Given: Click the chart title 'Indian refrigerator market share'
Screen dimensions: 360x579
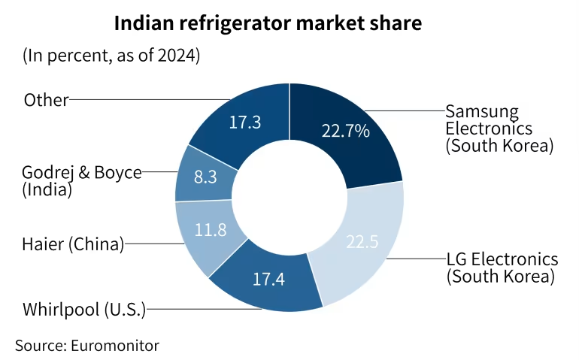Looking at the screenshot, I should pos(268,23).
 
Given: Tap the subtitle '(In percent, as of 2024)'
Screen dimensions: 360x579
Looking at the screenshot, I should pos(111,56).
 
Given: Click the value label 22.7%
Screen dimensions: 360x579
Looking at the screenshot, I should pos(345,131).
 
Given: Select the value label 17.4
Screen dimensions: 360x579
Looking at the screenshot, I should pos(268,279).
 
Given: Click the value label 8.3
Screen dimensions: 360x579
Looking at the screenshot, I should pos(206,178).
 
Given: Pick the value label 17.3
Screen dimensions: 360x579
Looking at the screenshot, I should pos(244,122).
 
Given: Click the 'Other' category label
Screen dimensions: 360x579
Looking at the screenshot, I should pos(46,99).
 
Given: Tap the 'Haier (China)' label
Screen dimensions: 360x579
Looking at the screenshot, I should pos(73,243).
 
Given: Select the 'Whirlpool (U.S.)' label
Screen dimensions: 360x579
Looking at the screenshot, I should pos(84,308).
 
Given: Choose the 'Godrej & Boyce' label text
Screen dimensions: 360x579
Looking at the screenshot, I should pos(82,172).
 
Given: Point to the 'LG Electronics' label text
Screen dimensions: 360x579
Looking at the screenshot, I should pos(502,259).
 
